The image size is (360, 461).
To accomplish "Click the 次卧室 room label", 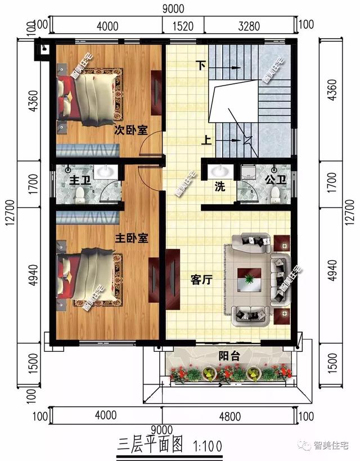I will click(x=131, y=131).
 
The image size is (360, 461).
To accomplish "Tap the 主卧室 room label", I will click(x=132, y=239).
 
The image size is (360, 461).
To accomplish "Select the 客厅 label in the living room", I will click(x=201, y=280).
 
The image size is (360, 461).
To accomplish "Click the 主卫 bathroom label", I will click(x=76, y=182).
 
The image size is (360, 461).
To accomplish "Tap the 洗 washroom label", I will click(x=219, y=187).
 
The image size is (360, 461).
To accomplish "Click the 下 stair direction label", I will click(x=200, y=65).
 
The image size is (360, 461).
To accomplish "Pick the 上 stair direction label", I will click(x=206, y=140).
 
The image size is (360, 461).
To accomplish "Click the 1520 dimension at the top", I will click(x=183, y=25).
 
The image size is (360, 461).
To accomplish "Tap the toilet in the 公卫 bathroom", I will click(x=275, y=195).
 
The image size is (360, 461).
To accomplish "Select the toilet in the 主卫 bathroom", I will click(x=80, y=195).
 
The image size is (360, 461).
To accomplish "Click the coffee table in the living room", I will click(x=249, y=279).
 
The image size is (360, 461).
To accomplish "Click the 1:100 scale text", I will click(x=208, y=446).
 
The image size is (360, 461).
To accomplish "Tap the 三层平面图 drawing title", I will click(x=151, y=446).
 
